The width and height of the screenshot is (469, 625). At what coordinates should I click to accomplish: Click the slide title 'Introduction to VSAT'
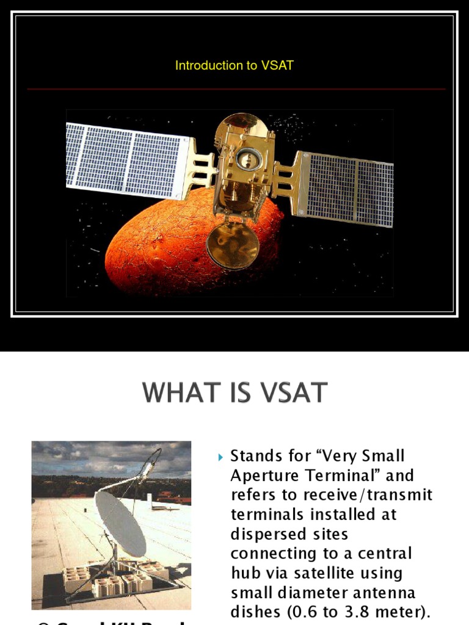point(234,65)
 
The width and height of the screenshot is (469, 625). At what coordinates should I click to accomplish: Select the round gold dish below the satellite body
point(232,245)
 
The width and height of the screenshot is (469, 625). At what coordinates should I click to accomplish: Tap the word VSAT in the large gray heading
point(291,392)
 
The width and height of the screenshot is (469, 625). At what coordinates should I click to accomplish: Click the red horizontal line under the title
point(236,89)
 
